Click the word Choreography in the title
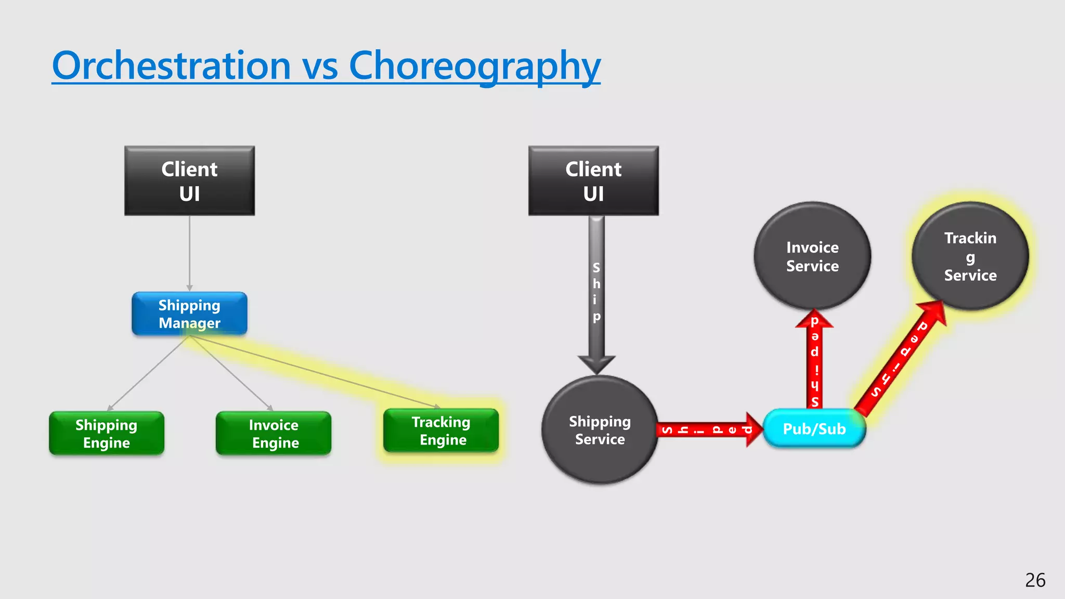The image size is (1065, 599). pyautogui.click(x=474, y=67)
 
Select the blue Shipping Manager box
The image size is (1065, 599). pyautogui.click(x=189, y=314)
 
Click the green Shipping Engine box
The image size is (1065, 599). pyautogui.click(x=107, y=434)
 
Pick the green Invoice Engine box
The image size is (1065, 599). pyautogui.click(x=274, y=434)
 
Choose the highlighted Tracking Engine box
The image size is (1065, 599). pyautogui.click(x=441, y=431)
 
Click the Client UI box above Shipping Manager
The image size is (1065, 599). pyautogui.click(x=189, y=180)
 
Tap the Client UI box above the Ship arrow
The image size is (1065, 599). pyautogui.click(x=593, y=180)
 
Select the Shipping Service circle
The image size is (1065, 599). pyautogui.click(x=600, y=430)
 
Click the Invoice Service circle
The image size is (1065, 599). pyautogui.click(x=812, y=256)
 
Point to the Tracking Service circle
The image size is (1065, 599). pyautogui.click(x=970, y=256)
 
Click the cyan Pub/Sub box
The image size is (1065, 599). pyautogui.click(x=814, y=428)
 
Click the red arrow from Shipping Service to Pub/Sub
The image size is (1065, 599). pyautogui.click(x=707, y=430)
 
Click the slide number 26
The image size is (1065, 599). pyautogui.click(x=1035, y=580)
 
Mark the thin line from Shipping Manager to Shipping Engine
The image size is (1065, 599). pyautogui.click(x=148, y=373)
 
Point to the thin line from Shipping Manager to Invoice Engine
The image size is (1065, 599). pyautogui.click(x=231, y=373)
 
